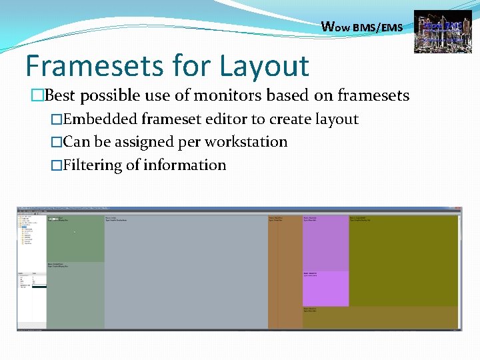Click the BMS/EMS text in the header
coord(377,27)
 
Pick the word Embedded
coord(99,119)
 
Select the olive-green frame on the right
coord(404,260)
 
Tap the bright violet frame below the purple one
coord(325,289)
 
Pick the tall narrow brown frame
coord(285,273)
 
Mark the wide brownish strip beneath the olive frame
coord(380,317)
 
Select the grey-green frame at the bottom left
coord(75,297)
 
